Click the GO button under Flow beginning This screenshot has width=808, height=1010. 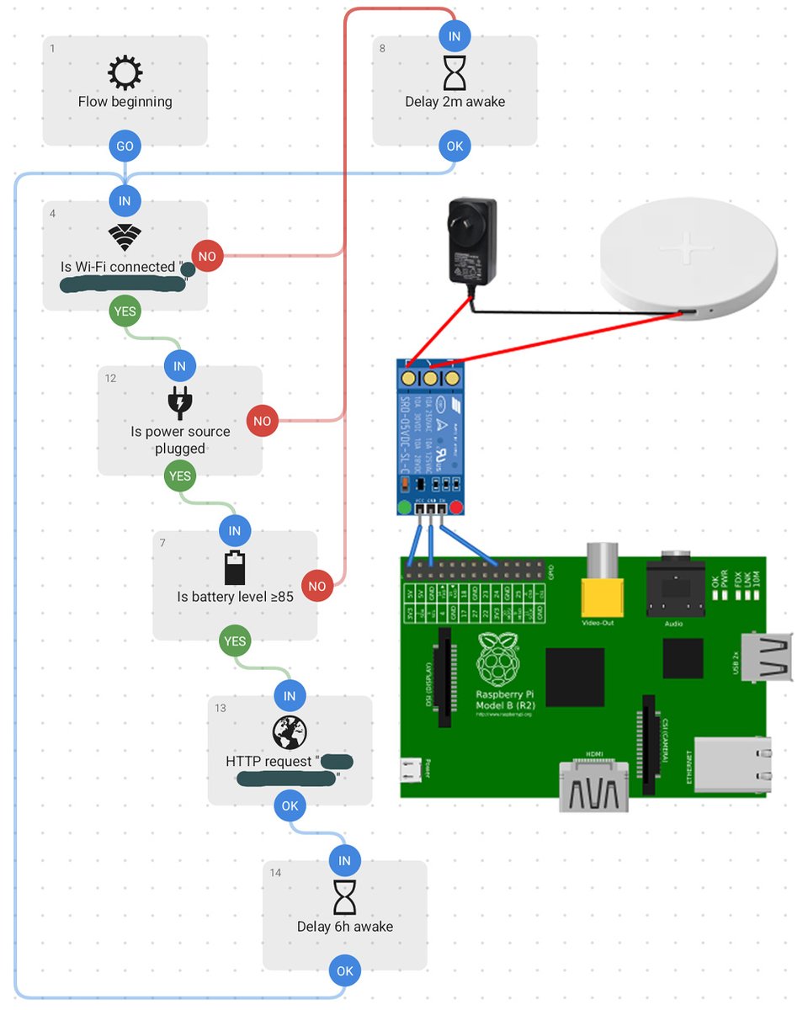[125, 146]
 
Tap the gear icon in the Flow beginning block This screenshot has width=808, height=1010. [125, 74]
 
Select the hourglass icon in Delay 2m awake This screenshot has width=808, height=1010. [454, 74]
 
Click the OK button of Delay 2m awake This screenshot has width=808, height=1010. [454, 146]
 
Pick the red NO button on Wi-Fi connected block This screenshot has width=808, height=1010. [207, 255]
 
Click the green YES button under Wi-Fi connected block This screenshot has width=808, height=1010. [125, 311]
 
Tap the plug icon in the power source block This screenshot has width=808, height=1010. [179, 403]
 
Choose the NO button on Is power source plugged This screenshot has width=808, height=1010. [263, 421]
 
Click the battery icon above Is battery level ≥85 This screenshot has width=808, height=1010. [235, 567]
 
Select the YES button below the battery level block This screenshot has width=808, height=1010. [235, 641]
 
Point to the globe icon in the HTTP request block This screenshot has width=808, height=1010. [290, 733]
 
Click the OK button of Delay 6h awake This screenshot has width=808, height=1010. [344, 970]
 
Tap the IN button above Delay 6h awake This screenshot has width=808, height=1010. [344, 861]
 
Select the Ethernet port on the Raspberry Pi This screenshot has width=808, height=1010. [731, 765]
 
